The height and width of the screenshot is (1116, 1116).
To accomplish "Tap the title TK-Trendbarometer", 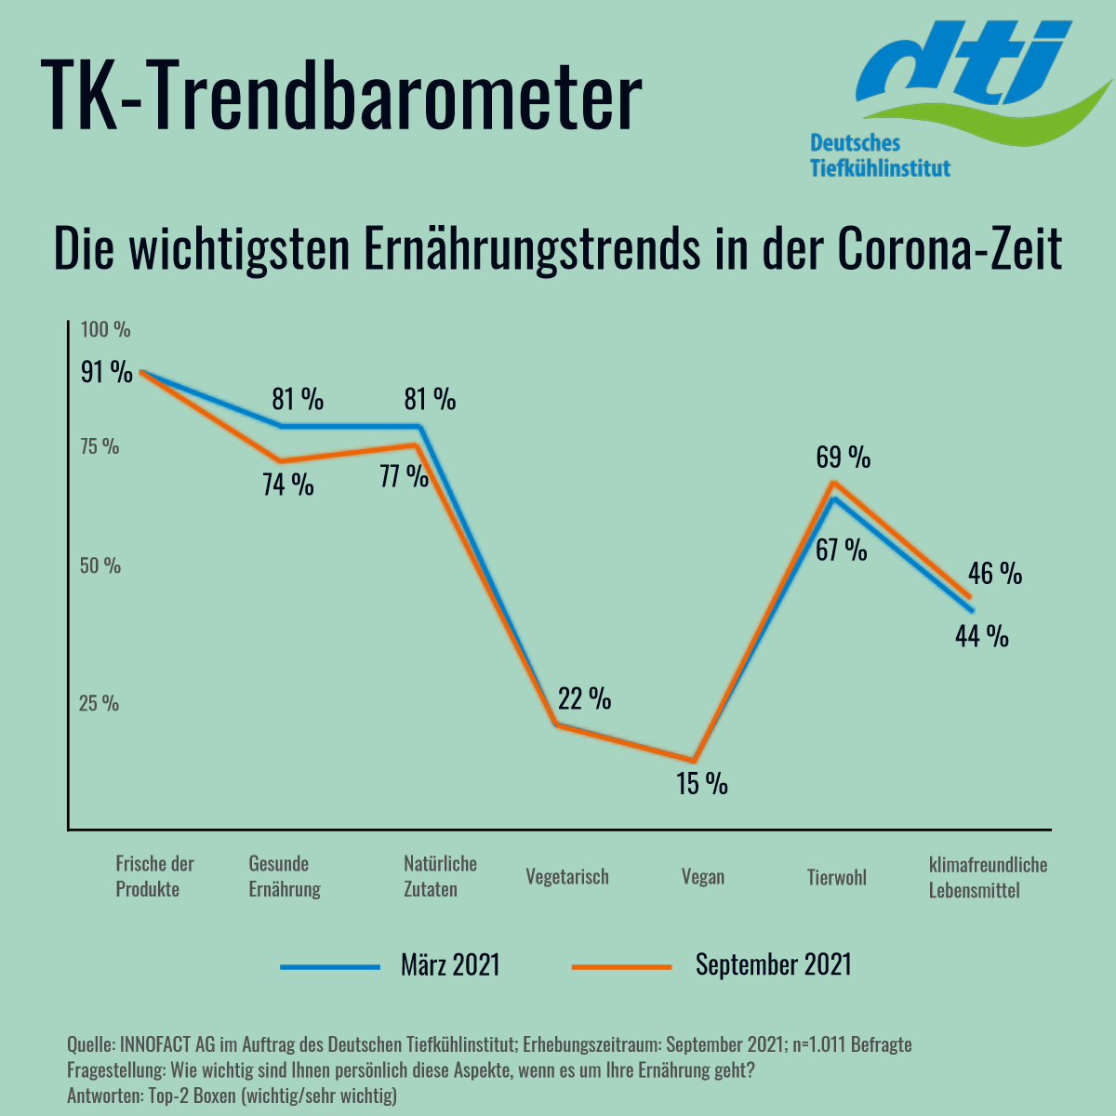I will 343,95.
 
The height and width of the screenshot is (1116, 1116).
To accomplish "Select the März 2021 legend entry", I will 450,964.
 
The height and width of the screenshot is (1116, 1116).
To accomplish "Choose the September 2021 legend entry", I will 773,964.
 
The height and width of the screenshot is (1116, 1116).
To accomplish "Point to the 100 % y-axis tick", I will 105,329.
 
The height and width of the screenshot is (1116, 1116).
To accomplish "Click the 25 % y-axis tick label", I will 99,703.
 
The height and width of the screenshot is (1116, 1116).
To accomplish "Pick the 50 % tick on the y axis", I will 100,565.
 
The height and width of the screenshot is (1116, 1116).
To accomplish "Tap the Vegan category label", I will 702,876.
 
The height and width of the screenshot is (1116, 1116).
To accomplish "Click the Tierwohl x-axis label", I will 836,876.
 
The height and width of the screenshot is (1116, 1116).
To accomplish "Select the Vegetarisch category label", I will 566,876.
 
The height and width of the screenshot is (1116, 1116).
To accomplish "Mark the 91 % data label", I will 107,372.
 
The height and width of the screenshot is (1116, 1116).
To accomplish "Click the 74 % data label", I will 288,485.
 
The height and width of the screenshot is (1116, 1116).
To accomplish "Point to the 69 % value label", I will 844,457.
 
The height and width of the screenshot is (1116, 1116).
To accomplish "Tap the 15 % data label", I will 702,783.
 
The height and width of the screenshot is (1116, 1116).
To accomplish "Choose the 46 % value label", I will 995,573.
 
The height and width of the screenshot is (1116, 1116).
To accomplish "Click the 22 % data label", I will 584,698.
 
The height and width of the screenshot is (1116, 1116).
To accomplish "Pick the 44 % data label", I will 982,636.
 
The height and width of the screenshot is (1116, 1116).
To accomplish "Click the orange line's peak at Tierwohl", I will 834,483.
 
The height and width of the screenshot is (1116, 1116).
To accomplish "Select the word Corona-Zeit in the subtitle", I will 950,249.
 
